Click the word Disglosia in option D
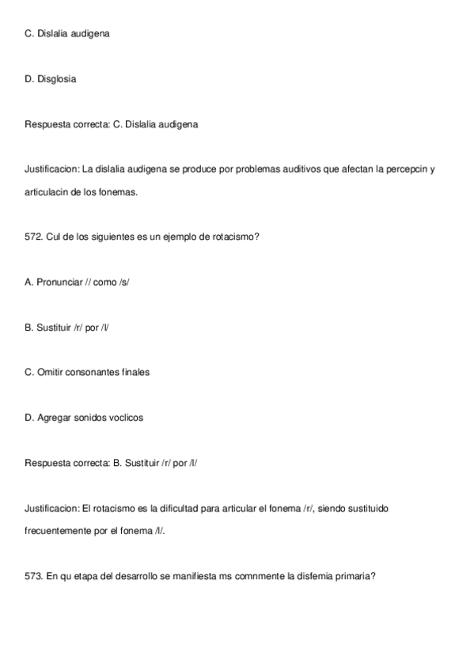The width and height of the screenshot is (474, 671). click(57, 79)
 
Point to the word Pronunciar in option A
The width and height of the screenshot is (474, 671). click(59, 282)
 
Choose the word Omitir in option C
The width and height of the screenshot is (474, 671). click(50, 372)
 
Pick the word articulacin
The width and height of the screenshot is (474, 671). click(51, 191)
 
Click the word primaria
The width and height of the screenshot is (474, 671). click(354, 576)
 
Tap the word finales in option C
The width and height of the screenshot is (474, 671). click(134, 372)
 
